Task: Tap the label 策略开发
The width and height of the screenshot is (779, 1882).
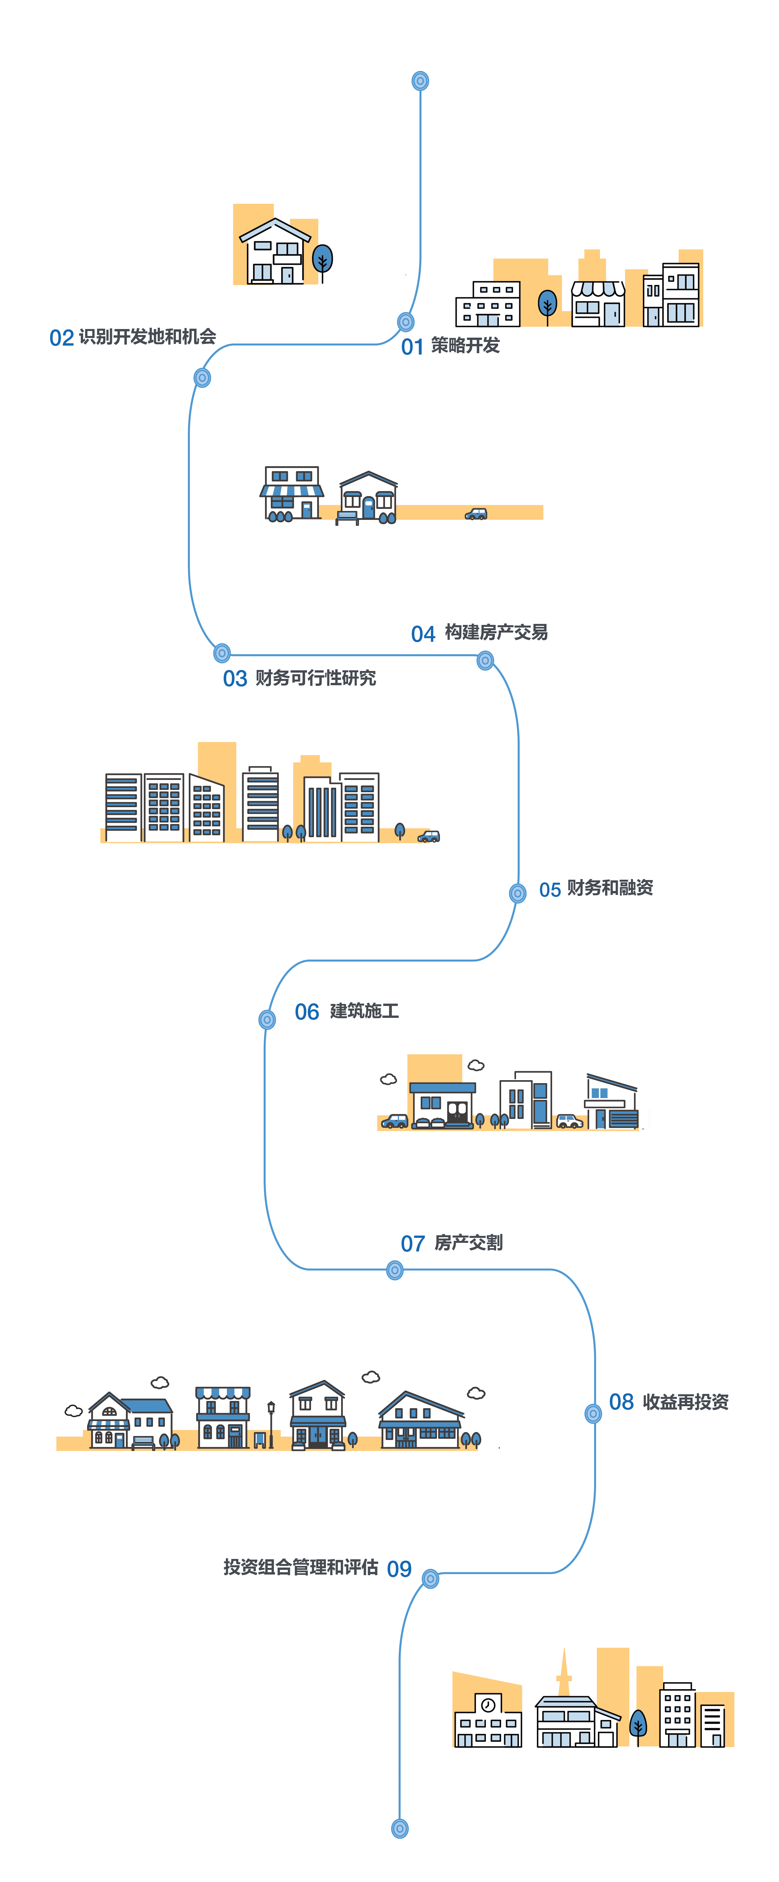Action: [x=465, y=345]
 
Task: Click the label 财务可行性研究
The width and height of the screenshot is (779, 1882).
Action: [x=315, y=678]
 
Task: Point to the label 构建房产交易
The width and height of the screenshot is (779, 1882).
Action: [x=496, y=632]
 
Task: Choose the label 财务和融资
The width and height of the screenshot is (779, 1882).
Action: [x=610, y=888]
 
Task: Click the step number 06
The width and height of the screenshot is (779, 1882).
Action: [x=307, y=1012]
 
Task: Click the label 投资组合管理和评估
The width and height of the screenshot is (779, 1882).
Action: [x=301, y=1567]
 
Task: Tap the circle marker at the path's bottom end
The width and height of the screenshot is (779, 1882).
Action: [x=399, y=1829]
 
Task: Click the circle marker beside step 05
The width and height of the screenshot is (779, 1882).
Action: [x=518, y=893]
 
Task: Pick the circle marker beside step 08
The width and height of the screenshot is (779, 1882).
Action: [x=594, y=1414]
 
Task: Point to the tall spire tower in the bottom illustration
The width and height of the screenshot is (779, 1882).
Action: [x=564, y=1673]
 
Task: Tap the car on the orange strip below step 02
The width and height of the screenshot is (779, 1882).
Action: [x=476, y=514]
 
